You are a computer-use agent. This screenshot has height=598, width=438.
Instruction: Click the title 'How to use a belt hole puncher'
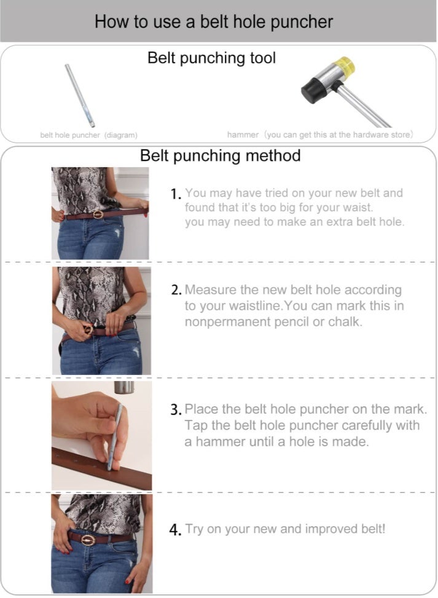tap(214, 22)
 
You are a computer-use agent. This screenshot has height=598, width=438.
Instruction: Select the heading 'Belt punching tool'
tap(211, 58)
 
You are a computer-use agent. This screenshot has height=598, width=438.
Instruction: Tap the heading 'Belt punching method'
tap(220, 155)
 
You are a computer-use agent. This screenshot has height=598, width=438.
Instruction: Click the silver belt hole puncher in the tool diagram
tap(80, 95)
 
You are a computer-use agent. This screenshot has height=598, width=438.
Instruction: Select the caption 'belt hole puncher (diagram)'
tap(88, 135)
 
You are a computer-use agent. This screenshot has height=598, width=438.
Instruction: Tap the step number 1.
tap(176, 194)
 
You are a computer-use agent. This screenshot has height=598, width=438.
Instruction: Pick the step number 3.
tap(176, 410)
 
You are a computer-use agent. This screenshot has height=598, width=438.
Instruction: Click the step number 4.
tap(175, 530)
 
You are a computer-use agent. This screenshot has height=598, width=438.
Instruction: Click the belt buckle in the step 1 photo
tap(97, 214)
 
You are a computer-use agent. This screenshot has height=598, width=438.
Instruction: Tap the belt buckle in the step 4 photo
tap(88, 539)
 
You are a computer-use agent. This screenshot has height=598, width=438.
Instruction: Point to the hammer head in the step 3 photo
tap(123, 387)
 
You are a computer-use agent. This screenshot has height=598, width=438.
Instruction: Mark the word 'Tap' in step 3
tap(195, 425)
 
